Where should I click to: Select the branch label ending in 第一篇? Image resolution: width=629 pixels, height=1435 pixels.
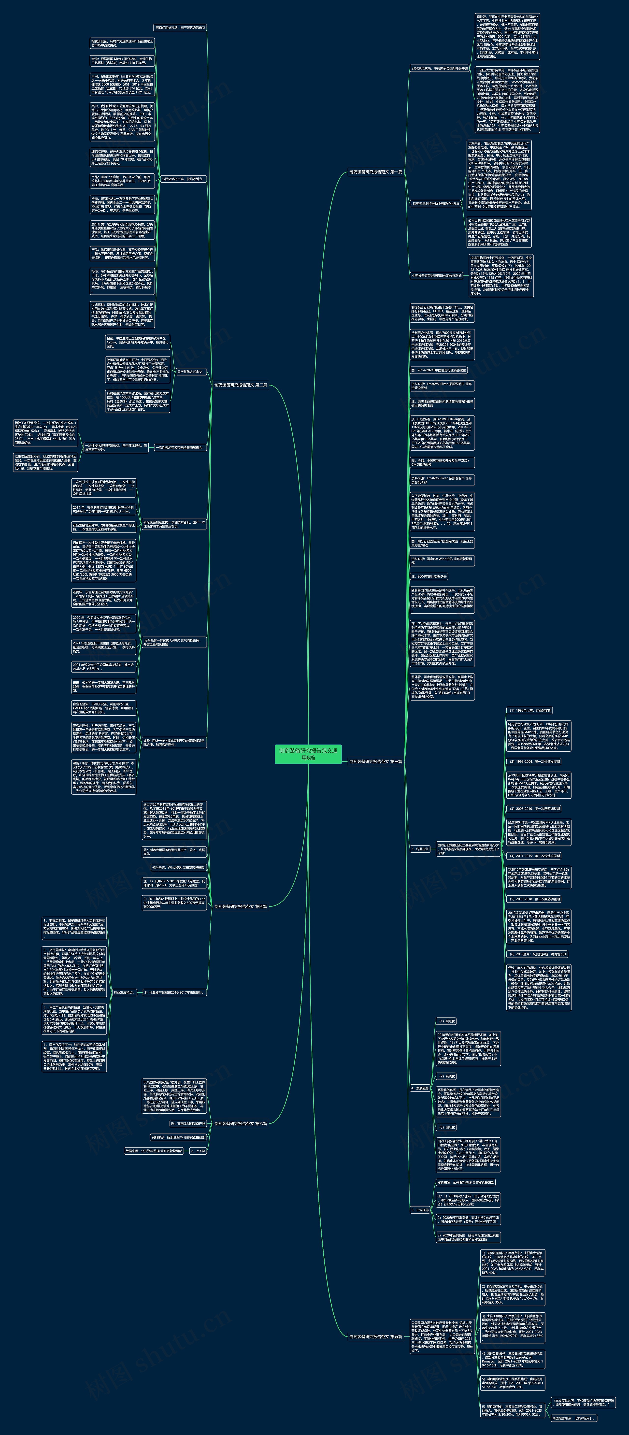375,172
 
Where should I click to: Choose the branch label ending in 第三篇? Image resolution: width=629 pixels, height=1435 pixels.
375,761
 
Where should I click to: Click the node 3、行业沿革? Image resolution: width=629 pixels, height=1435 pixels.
420,849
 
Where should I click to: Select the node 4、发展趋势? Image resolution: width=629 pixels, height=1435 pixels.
420,1088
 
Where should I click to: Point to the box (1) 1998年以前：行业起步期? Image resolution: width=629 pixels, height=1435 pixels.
529,711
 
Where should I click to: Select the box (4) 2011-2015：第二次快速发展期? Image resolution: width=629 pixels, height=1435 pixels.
534,856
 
